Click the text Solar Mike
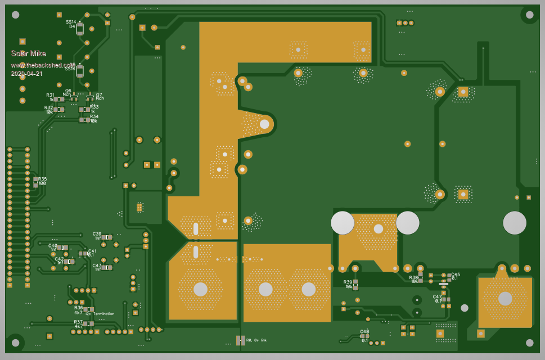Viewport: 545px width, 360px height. click(x=28, y=53)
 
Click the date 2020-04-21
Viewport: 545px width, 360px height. click(x=26, y=73)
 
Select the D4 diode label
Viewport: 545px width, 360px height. click(x=72, y=26)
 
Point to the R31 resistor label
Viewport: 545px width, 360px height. click(x=50, y=95)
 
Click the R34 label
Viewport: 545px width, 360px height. click(x=94, y=116)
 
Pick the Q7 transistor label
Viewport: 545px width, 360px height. click(x=99, y=94)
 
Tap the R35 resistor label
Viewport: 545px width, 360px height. click(x=43, y=179)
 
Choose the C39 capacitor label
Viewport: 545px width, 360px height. click(x=97, y=234)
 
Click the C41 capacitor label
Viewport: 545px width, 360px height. click(x=92, y=251)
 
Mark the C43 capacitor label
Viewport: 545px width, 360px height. click(x=97, y=265)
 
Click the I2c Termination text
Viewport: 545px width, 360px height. click(x=100, y=314)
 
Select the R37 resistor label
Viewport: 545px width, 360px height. click(x=78, y=322)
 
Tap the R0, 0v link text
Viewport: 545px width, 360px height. click(x=256, y=340)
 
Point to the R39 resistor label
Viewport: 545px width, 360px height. click(x=348, y=282)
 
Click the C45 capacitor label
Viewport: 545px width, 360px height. click(x=455, y=274)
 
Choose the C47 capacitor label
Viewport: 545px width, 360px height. click(x=437, y=296)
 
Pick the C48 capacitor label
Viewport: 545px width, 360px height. click(x=364, y=331)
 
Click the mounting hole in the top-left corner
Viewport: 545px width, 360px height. click(x=15, y=15)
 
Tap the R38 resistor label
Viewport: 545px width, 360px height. click(x=413, y=277)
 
